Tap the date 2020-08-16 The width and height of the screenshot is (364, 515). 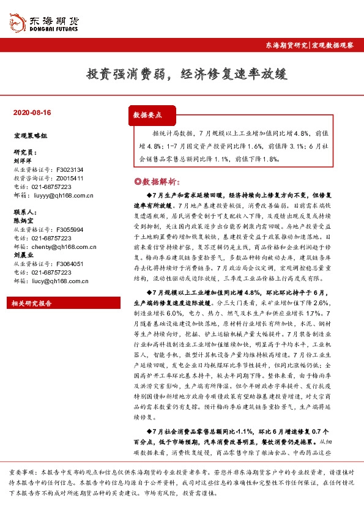tap(32, 113)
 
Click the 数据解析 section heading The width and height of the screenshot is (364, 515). tap(157, 181)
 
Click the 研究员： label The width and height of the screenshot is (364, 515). tap(25, 152)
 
